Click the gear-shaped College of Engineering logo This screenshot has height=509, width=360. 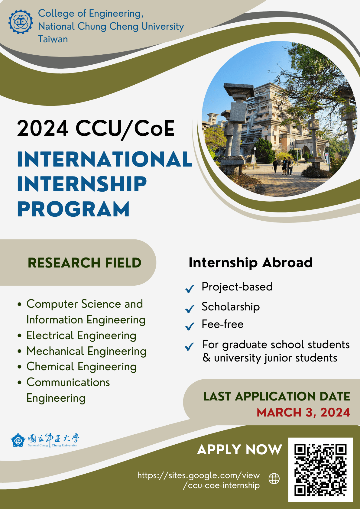click(21, 21)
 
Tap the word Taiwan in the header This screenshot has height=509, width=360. click(53, 39)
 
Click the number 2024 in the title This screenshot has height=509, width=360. click(43, 128)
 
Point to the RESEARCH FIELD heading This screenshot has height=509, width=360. click(84, 263)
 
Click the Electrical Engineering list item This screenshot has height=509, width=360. click(81, 335)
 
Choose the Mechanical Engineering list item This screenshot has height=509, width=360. click(86, 351)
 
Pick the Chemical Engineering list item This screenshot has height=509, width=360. click(82, 367)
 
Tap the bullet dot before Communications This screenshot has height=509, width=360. click(20, 382)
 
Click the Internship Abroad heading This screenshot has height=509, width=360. click(251, 262)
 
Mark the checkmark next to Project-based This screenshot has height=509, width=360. click(190, 289)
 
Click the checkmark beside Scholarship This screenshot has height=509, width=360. click(190, 309)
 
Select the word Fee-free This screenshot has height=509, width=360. click(222, 324)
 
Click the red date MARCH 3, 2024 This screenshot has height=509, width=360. click(303, 412)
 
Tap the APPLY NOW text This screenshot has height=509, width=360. click(239, 449)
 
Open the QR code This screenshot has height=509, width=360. click(320, 470)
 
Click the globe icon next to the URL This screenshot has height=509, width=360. click(274, 478)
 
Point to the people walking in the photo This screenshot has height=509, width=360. click(283, 166)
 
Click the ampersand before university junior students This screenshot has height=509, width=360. click(207, 358)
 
